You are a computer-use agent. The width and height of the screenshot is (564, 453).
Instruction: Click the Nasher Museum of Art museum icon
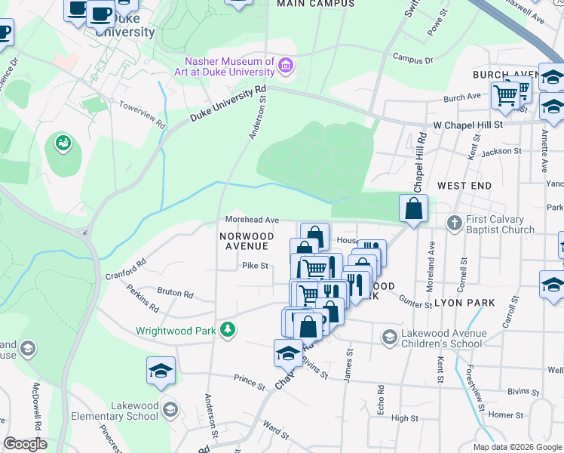(x=286, y=66)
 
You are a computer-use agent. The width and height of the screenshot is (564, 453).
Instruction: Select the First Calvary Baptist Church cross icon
(x=454, y=223)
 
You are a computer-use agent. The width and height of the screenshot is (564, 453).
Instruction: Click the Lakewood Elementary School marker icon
(x=170, y=409)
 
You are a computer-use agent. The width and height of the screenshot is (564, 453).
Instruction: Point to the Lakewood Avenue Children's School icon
(x=390, y=337)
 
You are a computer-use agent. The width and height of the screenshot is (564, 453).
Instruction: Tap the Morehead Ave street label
(x=252, y=220)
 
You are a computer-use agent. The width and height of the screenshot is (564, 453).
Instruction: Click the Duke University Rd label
(x=228, y=103)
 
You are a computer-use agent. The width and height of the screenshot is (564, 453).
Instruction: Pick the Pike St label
(x=255, y=265)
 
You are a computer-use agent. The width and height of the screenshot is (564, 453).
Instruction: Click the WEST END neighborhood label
(x=464, y=185)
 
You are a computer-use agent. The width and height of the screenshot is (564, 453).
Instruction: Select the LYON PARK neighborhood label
(x=464, y=303)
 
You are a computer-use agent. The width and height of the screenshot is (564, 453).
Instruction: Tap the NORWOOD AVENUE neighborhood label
(x=244, y=241)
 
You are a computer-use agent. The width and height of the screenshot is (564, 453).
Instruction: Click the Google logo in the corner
(x=24, y=444)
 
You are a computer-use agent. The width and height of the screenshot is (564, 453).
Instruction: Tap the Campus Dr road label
(x=412, y=59)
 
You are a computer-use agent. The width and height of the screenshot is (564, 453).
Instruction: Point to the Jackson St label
(x=501, y=152)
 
